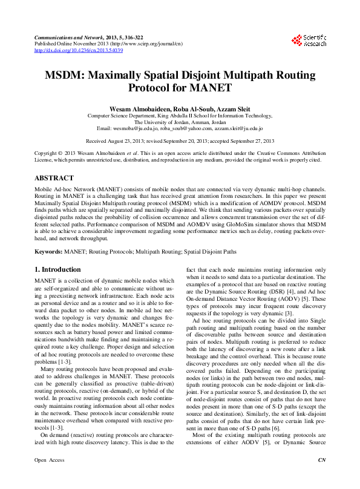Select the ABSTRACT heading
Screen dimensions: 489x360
54,179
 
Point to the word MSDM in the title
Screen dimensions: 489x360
66,76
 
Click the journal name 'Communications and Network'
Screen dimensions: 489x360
67,37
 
